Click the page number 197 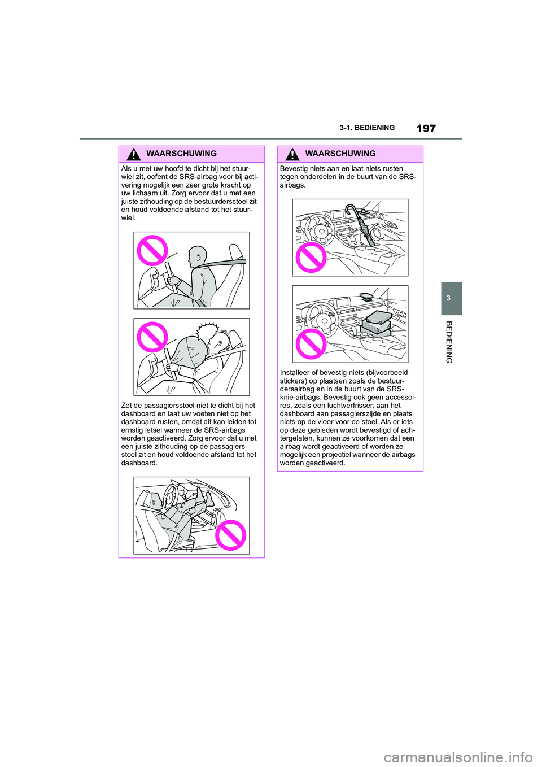pyautogui.click(x=426, y=128)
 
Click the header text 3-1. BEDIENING pyautogui.click(x=367, y=128)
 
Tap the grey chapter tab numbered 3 pyautogui.click(x=449, y=298)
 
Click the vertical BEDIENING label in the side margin pyautogui.click(x=449, y=342)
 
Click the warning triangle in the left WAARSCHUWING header pyautogui.click(x=133, y=154)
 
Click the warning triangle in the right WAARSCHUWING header pyautogui.click(x=292, y=154)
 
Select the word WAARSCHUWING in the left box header pyautogui.click(x=181, y=154)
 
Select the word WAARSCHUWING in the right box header pyautogui.click(x=340, y=154)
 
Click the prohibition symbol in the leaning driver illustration pyautogui.click(x=152, y=251)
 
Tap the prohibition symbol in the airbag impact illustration pyautogui.click(x=152, y=337)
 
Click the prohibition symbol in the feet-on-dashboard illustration pyautogui.click(x=230, y=535)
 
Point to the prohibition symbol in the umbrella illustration pyautogui.click(x=311, y=258)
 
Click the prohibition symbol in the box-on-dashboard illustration pyautogui.click(x=311, y=344)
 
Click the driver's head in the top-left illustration pyautogui.click(x=198, y=256)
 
